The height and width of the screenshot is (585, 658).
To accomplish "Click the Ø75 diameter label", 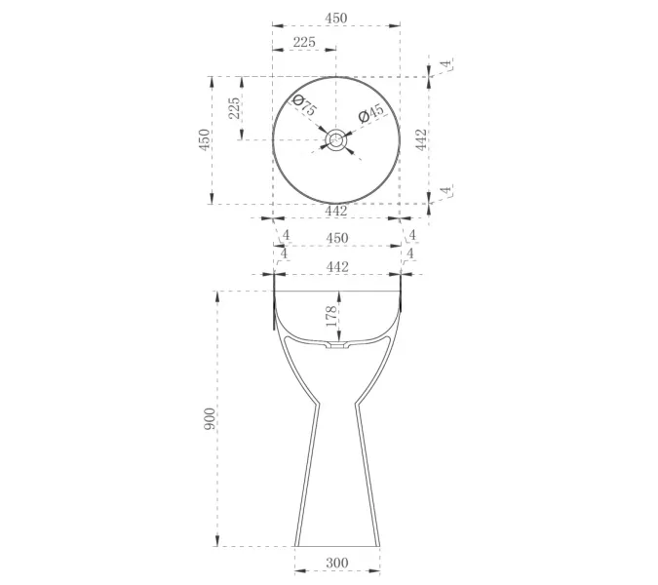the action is [x=304, y=105].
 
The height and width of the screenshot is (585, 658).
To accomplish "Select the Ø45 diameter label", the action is [x=371, y=113].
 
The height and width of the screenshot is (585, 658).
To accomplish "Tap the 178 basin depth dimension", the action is [x=331, y=316].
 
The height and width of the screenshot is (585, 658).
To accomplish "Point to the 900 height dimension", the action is [x=209, y=418].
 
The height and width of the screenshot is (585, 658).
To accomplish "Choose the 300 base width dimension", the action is [x=337, y=563].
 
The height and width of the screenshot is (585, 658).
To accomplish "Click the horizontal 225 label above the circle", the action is [x=304, y=42].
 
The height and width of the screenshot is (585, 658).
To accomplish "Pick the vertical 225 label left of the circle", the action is [x=234, y=108].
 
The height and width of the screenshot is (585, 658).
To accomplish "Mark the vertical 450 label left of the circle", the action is [x=204, y=139].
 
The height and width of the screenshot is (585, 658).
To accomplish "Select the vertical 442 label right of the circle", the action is [x=421, y=139].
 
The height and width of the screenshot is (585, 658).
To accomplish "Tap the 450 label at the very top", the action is [x=336, y=19].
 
